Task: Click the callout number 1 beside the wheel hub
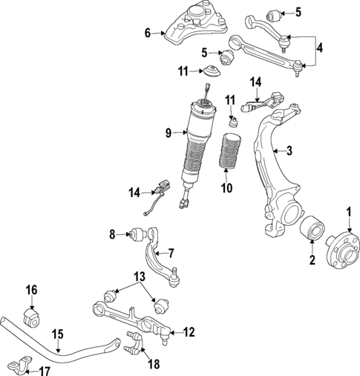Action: (347, 213)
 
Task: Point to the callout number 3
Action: (289, 151)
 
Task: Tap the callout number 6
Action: (148, 32)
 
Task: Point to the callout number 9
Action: (168, 133)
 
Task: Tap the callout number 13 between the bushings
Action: (135, 276)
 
